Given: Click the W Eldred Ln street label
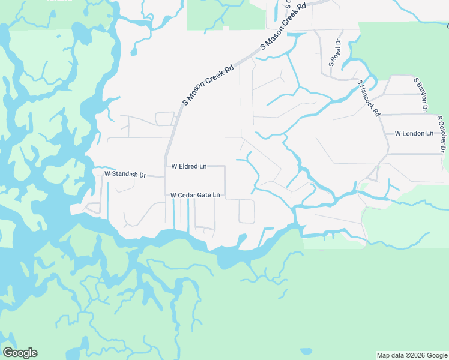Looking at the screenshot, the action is click(189, 166).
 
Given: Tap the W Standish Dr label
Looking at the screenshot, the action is click(125, 174).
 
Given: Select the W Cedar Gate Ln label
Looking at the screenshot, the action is click(195, 195).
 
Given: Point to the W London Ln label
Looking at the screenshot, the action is click(414, 133).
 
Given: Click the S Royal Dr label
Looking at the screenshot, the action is click(334, 52).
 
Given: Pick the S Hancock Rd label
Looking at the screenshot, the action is click(369, 97).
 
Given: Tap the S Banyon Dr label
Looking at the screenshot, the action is click(420, 94).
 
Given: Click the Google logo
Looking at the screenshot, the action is click(20, 353).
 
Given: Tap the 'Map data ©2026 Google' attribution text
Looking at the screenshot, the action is click(411, 355).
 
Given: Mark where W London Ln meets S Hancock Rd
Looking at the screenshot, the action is click(385, 133).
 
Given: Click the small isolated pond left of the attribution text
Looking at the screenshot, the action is click(306, 351).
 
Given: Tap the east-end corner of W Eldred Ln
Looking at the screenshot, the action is click(224, 166).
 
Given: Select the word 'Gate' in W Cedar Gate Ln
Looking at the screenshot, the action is click(203, 195).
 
